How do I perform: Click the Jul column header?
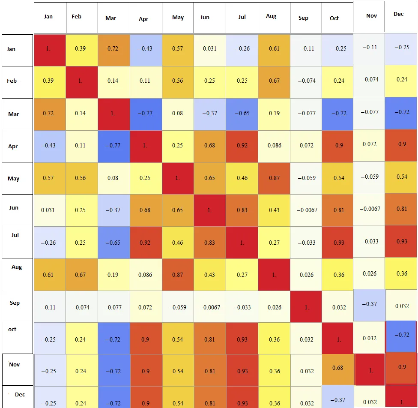[x=242, y=17]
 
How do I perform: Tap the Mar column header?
[x=110, y=18]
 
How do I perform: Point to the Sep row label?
[x=15, y=303]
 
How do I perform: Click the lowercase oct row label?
[x=12, y=330]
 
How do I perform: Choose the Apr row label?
[x=13, y=146]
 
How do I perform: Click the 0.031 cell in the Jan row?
[x=210, y=48]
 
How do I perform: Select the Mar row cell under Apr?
[x=146, y=113]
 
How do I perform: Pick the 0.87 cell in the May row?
[x=275, y=178]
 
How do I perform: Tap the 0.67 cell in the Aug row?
[x=81, y=274]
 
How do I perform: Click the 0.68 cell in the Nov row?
[x=337, y=367]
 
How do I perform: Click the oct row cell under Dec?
[x=402, y=335]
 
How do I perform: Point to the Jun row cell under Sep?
[x=306, y=210]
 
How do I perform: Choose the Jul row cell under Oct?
[x=339, y=243]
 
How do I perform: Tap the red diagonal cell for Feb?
[x=81, y=81]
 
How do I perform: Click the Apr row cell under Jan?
[x=48, y=146]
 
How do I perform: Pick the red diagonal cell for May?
[x=178, y=178]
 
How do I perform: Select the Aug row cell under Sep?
[x=306, y=274]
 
